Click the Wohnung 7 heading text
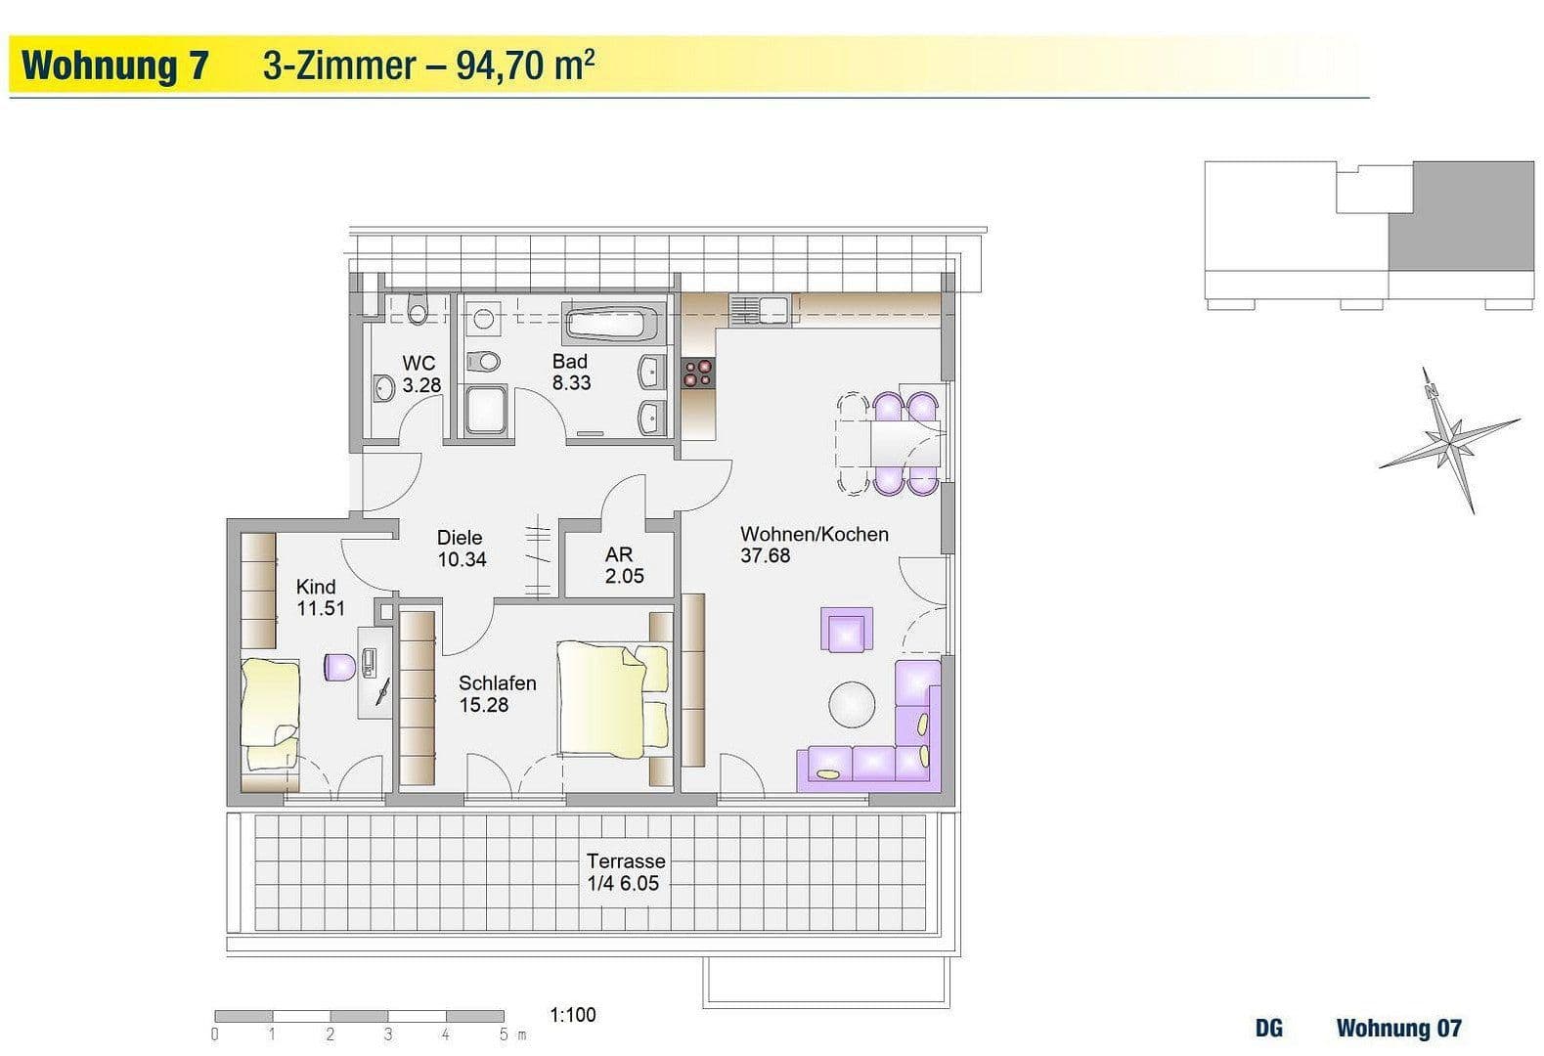(115, 66)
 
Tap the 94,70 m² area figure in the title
(525, 66)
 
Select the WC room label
(419, 364)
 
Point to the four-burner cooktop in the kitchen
(698, 374)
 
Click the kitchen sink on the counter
(759, 310)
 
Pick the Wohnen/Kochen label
(814, 534)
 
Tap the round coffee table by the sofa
(853, 704)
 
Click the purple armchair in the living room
(847, 630)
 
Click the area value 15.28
(484, 705)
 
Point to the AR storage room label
(619, 554)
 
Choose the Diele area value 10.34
(462, 560)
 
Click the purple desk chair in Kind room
(339, 667)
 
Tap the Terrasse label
(626, 861)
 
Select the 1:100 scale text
(573, 1015)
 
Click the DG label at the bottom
(1268, 1029)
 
